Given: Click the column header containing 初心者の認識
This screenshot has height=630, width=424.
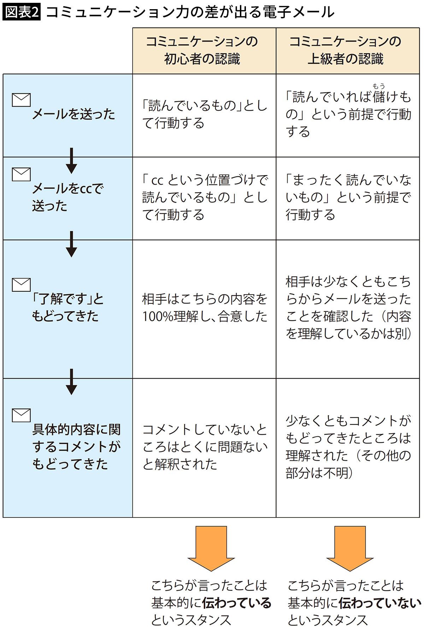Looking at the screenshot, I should pyautogui.click(x=204, y=50).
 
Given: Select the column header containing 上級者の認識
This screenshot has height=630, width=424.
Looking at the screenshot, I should pyautogui.click(x=347, y=50).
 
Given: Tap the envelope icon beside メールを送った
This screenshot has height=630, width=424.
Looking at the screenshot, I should pyautogui.click(x=21, y=100).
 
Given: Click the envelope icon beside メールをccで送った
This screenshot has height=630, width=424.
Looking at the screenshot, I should pyautogui.click(x=21, y=174).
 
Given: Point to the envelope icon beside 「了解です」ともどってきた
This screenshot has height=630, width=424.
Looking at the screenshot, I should pyautogui.click(x=21, y=285).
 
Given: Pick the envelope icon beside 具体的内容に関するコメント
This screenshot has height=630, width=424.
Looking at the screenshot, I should pyautogui.click(x=21, y=415).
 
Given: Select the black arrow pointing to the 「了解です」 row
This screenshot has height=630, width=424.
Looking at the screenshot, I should pyautogui.click(x=71, y=244).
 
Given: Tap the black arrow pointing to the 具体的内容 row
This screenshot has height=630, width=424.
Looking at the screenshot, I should pyautogui.click(x=71, y=382).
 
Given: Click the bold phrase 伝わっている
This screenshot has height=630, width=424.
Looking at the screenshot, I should pyautogui.click(x=236, y=603).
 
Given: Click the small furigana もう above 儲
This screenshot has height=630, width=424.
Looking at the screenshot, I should pyautogui.click(x=379, y=86).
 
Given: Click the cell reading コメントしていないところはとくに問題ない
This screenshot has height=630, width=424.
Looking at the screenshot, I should pyautogui.click(x=204, y=447).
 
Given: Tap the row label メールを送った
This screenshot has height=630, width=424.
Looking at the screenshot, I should pyautogui.click(x=73, y=114).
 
